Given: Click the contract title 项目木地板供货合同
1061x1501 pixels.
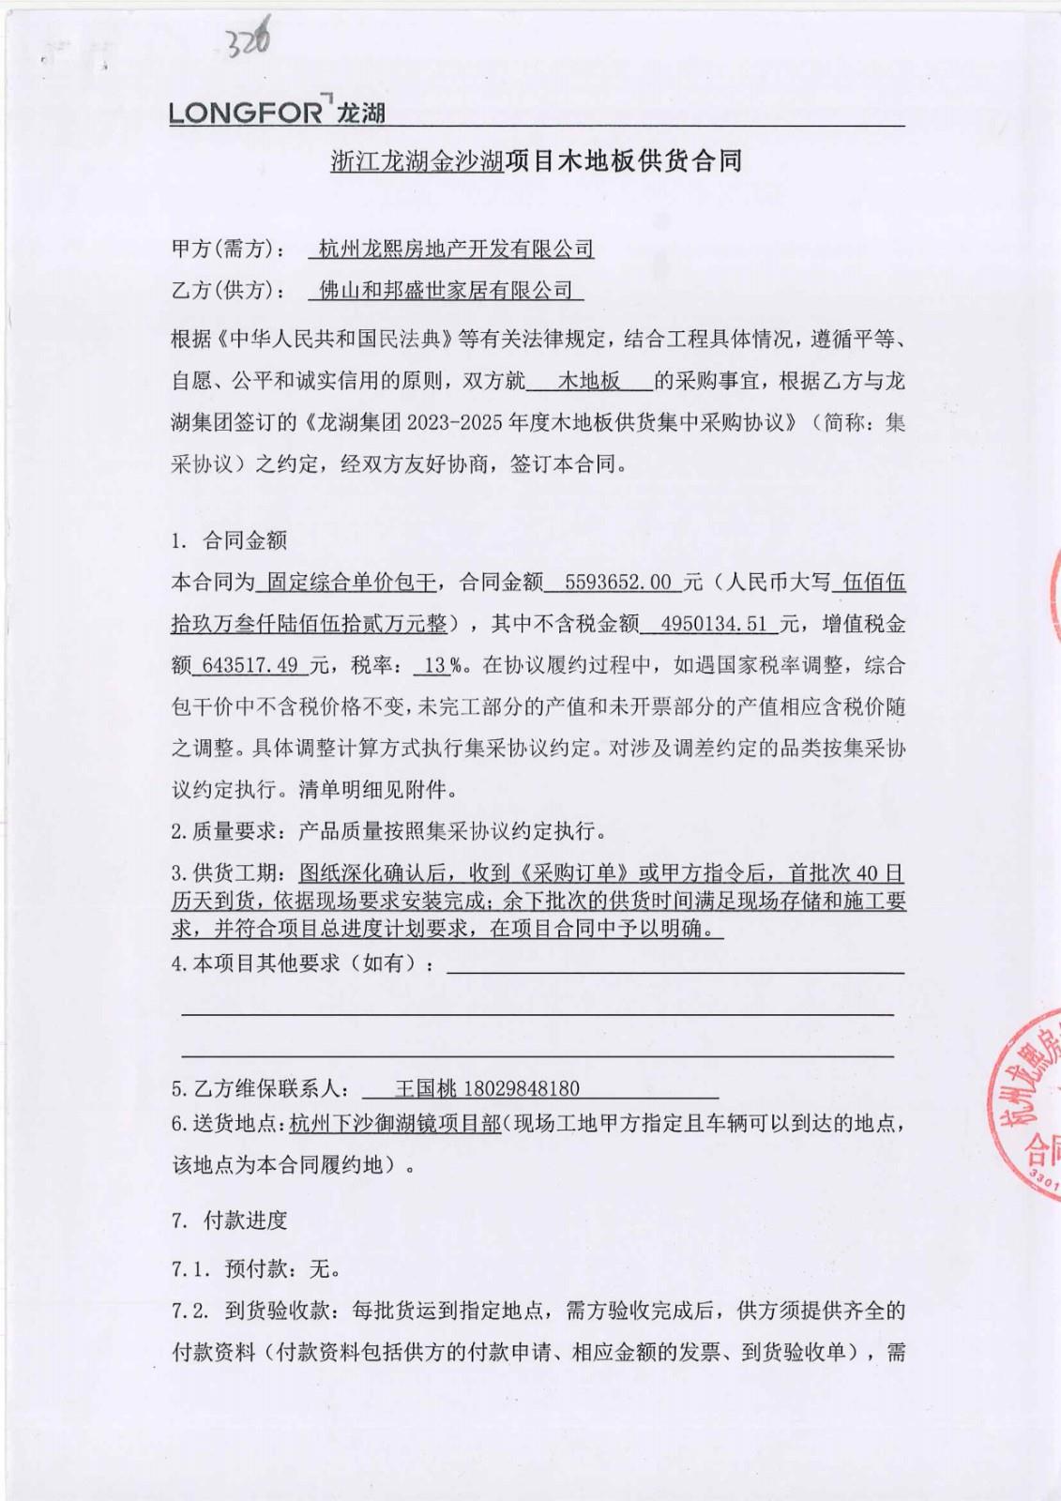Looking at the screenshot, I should pos(624,161).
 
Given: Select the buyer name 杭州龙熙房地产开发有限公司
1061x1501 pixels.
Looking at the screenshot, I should pos(456,249).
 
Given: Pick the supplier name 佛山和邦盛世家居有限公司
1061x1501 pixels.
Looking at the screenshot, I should pos(447,290).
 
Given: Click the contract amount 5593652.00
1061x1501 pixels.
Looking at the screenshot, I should pos(619,583).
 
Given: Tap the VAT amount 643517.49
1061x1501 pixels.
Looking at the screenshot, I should pos(250,665).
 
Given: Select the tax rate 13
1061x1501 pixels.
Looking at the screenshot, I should pos(435,665).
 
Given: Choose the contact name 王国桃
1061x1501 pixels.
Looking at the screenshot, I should pos(425,1088).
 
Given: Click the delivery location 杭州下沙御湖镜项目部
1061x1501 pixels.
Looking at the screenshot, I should pos(395,1123).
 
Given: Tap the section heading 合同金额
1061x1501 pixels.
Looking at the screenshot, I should pos(245,540).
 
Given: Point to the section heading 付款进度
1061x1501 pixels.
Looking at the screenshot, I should pos(245,1221).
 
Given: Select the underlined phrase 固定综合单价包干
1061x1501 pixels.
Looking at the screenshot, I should pos(351,583).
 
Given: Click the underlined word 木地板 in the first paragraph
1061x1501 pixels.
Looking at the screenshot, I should pos(589,381).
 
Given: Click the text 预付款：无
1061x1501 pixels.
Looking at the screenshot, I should pos(281,1269).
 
